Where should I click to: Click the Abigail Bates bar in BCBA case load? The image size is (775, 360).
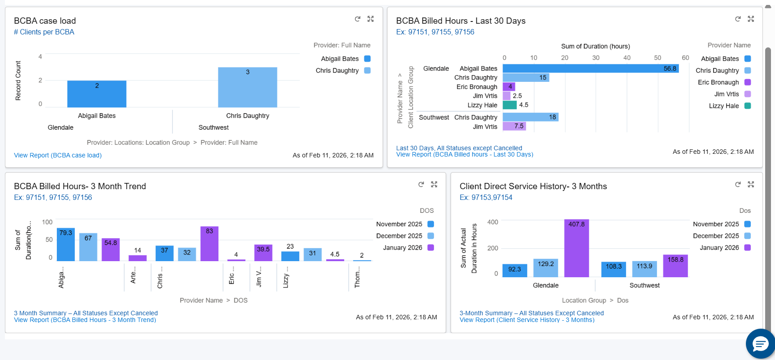tap(97, 94)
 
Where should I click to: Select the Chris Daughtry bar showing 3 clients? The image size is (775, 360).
tap(247, 88)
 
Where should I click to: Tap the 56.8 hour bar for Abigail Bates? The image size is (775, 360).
tap(590, 68)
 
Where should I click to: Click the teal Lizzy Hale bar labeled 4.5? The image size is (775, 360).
tap(509, 105)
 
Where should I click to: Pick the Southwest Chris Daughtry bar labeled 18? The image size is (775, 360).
tap(530, 117)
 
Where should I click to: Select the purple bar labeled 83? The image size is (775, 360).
tap(209, 244)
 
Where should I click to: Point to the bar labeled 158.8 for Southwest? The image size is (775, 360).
tap(675, 266)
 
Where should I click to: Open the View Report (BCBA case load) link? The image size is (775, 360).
tap(58, 155)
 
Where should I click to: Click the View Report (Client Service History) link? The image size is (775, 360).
tap(527, 320)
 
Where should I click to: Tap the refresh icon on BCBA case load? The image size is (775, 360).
tap(358, 19)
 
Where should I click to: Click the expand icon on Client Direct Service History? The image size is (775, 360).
tap(751, 184)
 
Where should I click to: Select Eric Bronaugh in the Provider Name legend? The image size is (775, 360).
tap(718, 82)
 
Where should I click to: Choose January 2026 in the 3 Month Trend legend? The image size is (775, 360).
tap(402, 248)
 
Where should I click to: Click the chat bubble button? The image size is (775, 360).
tap(760, 344)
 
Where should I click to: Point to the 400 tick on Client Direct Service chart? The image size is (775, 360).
tap(492, 222)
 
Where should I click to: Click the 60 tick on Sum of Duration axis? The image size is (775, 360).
tap(685, 58)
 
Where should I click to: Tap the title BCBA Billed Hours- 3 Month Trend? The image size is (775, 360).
tap(80, 186)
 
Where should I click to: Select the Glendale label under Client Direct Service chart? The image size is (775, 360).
tap(545, 285)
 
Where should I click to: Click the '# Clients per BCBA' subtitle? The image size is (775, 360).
tap(44, 32)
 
